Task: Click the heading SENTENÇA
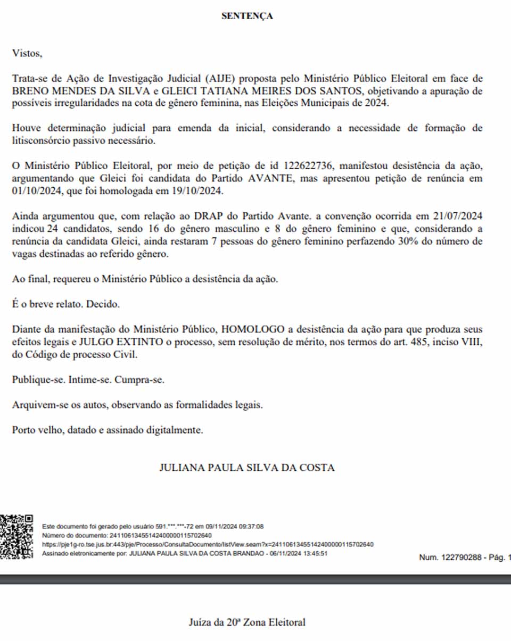(247, 16)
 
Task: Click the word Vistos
(26, 53)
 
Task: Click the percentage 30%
(400, 242)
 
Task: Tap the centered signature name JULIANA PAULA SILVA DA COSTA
(247, 468)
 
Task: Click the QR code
(16, 536)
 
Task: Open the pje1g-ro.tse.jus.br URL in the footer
(208, 544)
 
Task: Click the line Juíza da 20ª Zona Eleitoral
(247, 622)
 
